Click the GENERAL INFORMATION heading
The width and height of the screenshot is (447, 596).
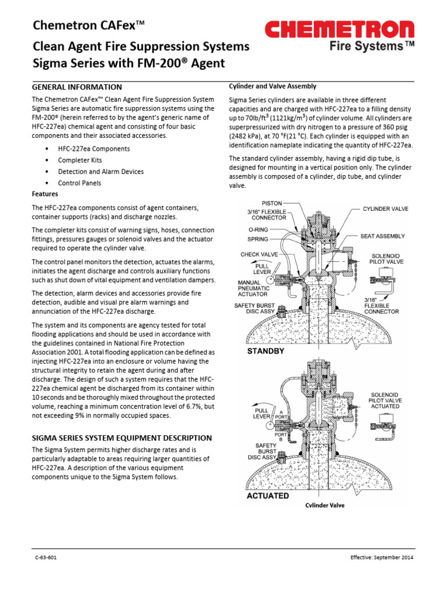(76, 87)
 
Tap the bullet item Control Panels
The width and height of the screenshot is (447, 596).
(79, 183)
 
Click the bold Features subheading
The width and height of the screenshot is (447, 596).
(44, 193)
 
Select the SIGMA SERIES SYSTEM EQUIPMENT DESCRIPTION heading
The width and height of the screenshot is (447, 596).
(121, 438)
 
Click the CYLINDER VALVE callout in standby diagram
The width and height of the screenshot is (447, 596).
(386, 208)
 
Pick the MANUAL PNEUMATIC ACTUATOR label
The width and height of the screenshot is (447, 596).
(253, 288)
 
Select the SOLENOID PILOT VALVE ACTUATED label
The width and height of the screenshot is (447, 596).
(385, 400)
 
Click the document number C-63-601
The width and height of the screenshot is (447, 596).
(45, 558)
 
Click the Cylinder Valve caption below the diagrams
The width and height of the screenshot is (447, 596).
(325, 505)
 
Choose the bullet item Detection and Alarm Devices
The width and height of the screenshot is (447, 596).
(101, 172)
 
